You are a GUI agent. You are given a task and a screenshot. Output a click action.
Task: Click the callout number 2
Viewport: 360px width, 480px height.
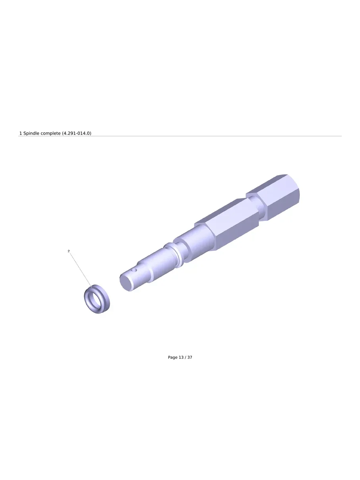coord(69,251)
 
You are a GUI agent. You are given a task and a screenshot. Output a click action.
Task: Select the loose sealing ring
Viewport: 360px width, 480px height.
coord(97,299)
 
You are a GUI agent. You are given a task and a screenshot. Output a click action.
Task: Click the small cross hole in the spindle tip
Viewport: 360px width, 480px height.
coord(134,270)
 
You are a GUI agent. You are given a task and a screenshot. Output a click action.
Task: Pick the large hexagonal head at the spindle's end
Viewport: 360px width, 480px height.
coord(273,197)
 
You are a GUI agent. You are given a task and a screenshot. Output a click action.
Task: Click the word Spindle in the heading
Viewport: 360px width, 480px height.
coord(31,133)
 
